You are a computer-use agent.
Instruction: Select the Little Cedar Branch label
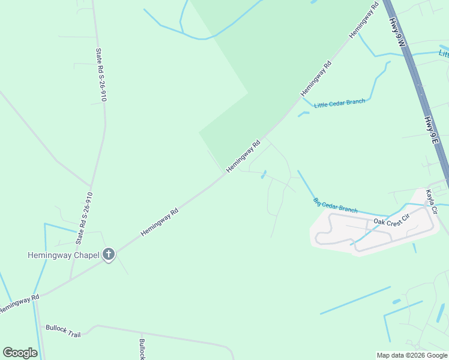click(339, 103)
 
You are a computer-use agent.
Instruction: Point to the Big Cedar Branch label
click(336, 206)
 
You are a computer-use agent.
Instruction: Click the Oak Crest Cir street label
click(391, 221)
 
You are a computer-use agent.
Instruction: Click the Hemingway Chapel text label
click(62, 255)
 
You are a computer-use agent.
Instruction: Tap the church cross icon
click(109, 254)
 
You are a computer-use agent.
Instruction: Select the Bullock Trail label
click(63, 331)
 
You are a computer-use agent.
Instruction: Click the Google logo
click(20, 353)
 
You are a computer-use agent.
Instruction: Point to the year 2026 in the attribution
click(417, 355)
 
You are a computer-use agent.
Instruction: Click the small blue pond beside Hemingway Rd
click(264, 174)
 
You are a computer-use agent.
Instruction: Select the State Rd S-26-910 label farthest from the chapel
click(101, 74)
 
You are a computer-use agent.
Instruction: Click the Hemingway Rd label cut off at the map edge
click(18, 304)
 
